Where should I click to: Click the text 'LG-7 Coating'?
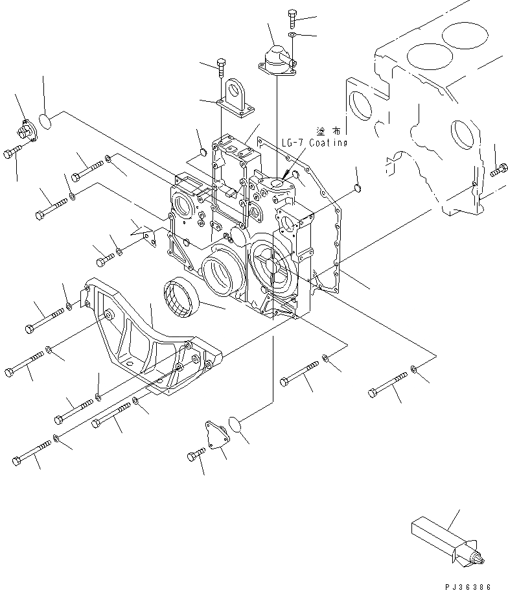click(315, 143)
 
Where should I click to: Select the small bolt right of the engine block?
click(498, 171)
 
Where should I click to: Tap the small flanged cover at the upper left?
click(30, 130)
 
